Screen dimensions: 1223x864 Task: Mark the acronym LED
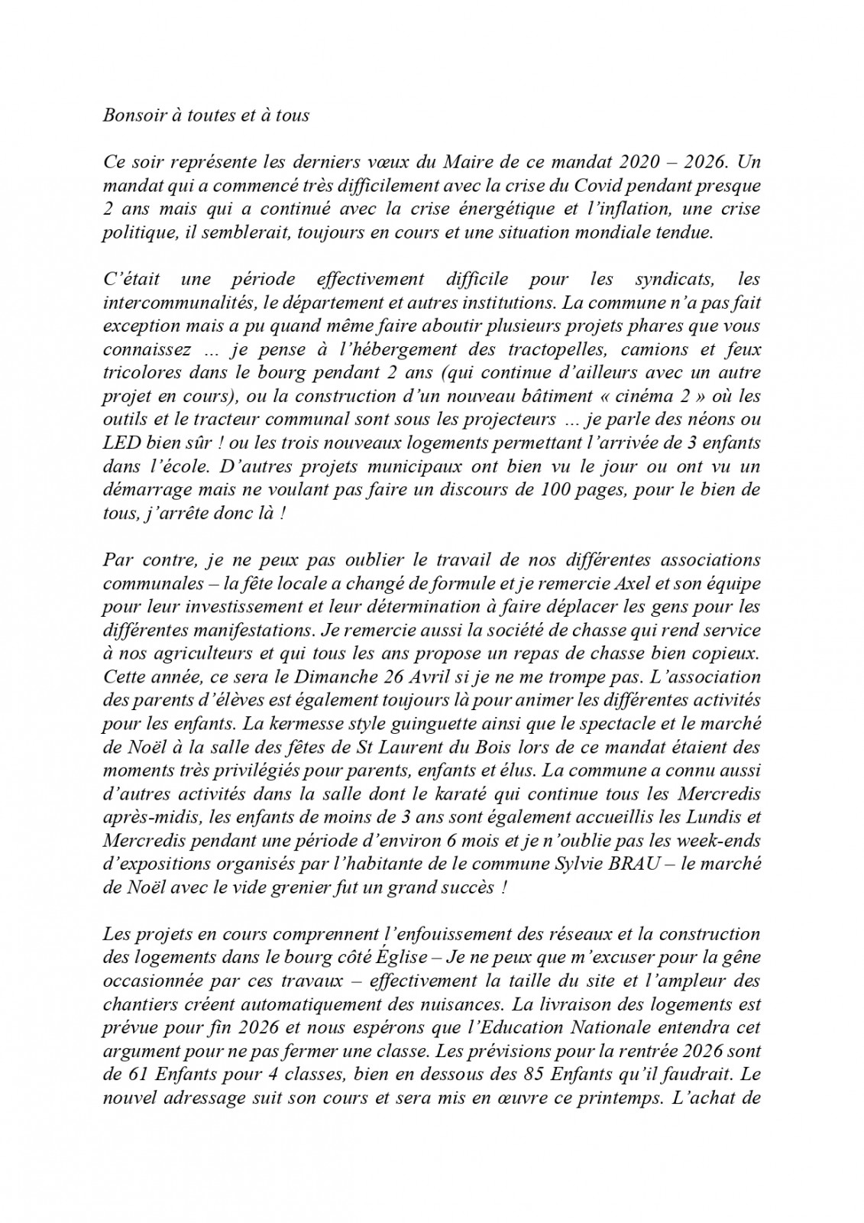[121, 443]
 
